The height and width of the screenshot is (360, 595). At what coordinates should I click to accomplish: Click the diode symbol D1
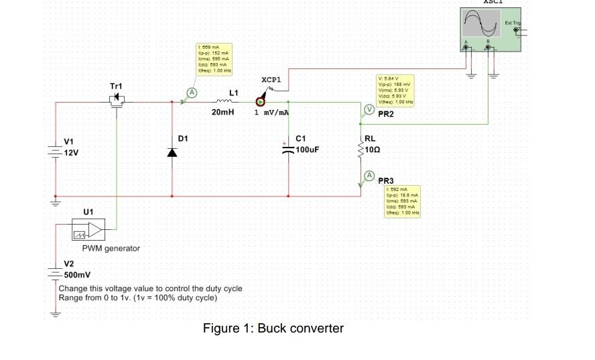click(172, 152)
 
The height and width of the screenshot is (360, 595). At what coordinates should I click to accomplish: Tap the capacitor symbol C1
click(289, 149)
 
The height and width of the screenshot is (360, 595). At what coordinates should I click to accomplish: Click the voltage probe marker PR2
click(367, 111)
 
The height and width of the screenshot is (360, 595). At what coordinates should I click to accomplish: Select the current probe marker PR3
click(368, 176)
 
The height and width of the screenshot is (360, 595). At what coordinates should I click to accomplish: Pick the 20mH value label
click(222, 113)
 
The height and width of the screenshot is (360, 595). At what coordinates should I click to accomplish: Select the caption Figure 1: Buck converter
click(273, 328)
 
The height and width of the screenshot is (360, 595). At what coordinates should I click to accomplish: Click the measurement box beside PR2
click(396, 91)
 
